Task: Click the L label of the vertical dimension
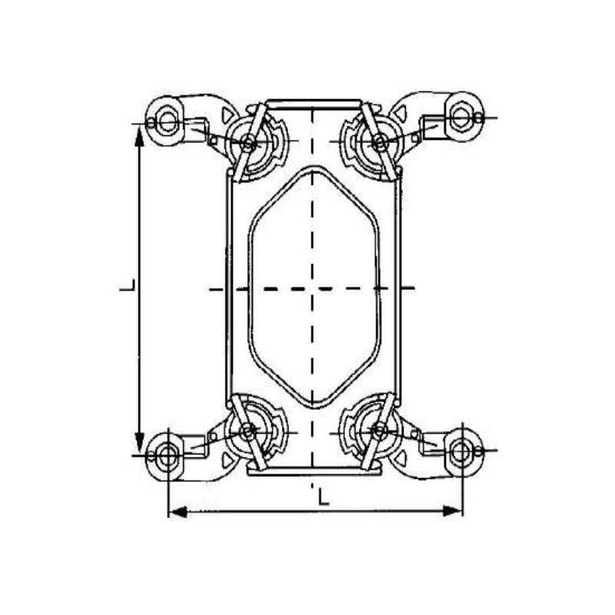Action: (x=128, y=288)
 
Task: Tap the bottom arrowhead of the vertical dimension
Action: (x=139, y=449)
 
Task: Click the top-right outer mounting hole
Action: (x=460, y=117)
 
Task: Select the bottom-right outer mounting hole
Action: (x=462, y=451)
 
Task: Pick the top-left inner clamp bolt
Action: (x=248, y=142)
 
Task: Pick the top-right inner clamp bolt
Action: (x=378, y=141)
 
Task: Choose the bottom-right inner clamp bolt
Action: (x=378, y=430)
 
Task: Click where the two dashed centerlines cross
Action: (x=312, y=288)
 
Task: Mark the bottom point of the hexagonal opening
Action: (x=312, y=407)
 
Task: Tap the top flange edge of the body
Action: (x=312, y=101)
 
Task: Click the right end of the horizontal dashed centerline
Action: (x=413, y=288)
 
